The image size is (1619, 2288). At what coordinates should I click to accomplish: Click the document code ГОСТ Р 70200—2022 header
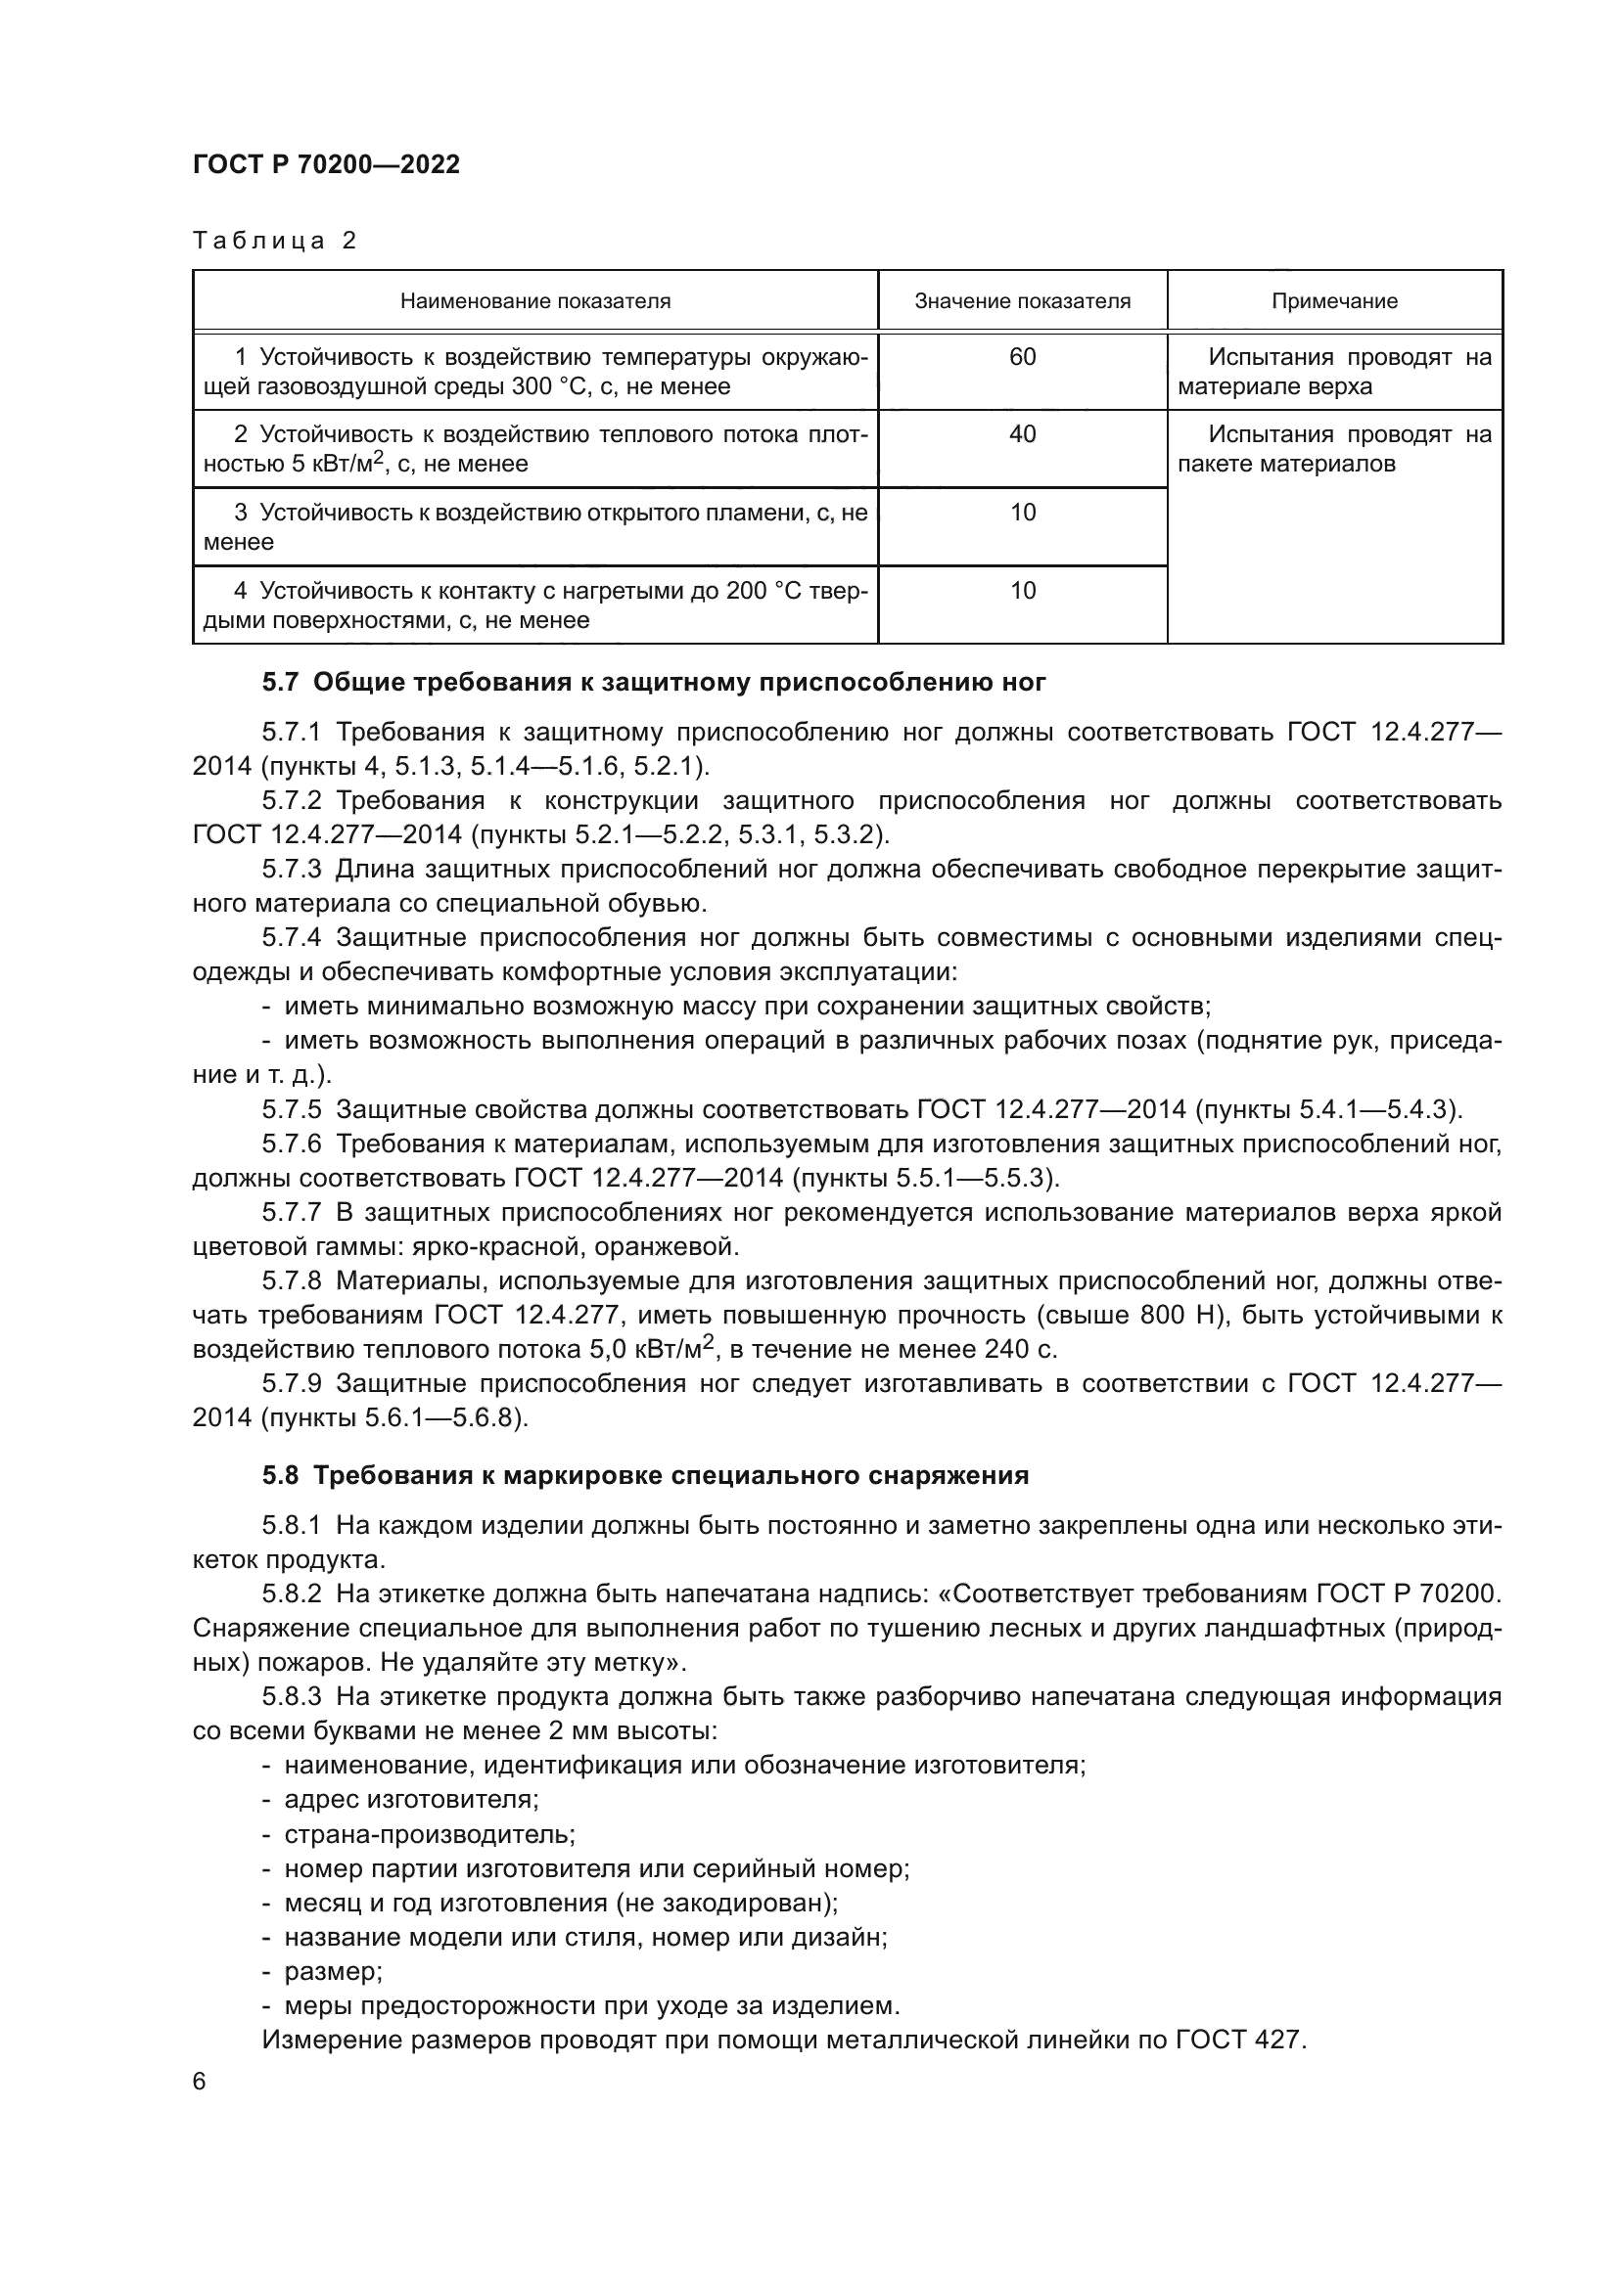[326, 165]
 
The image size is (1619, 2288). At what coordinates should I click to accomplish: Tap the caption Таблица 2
[274, 242]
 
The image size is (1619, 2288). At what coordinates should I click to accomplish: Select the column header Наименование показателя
[534, 301]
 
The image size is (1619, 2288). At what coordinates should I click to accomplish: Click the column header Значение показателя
[1022, 301]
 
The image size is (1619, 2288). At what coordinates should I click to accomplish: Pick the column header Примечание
[1334, 301]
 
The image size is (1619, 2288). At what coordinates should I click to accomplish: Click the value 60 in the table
[1022, 357]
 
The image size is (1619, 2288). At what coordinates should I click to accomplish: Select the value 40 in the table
[1022, 434]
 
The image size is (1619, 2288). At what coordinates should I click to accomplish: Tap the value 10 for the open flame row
[1022, 513]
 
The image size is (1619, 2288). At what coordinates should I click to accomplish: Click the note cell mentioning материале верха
[1334, 372]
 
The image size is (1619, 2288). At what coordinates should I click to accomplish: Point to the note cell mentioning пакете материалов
[1334, 449]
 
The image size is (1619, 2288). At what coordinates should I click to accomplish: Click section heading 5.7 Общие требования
[654, 683]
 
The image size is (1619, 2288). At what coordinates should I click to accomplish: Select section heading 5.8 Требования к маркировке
[645, 1476]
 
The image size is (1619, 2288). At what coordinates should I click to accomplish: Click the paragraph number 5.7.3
[291, 870]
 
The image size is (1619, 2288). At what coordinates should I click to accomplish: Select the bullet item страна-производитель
[430, 1834]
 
